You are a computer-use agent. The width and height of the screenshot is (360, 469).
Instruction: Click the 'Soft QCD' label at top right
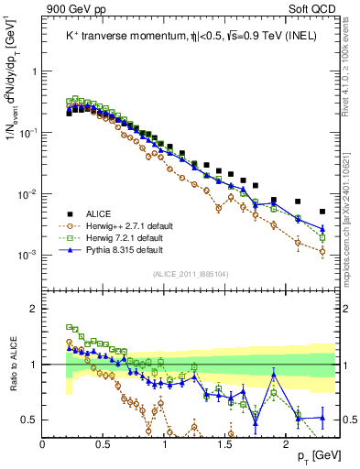310,8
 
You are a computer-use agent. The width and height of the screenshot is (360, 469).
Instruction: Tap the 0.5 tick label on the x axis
104,444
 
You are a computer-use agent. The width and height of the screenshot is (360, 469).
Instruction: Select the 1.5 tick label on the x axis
225,444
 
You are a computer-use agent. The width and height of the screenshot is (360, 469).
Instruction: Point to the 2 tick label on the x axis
287,444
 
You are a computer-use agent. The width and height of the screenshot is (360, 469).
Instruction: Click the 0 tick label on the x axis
43,444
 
